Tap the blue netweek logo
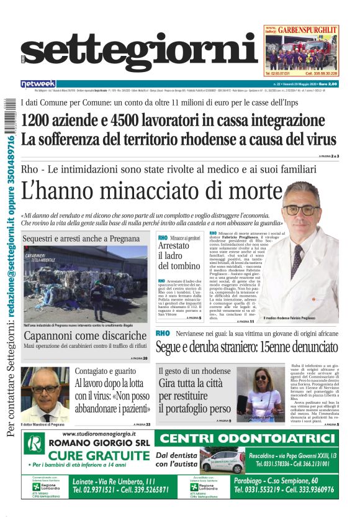click(38, 83)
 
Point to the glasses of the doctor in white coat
click(300, 209)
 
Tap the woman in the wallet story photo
click(256, 393)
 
